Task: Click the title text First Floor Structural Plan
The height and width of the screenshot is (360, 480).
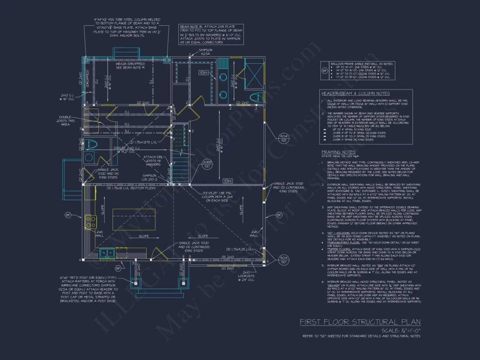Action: pos(360,322)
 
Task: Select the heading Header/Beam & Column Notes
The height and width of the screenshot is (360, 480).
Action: pos(356,93)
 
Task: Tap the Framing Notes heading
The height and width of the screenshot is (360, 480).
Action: pos(338,152)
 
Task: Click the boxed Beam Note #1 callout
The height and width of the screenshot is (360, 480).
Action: pos(212,34)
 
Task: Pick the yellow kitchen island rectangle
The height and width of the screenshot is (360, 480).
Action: pos(131,219)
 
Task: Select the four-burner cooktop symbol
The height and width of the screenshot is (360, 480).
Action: pos(90,222)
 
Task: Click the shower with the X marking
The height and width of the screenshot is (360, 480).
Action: pos(254,74)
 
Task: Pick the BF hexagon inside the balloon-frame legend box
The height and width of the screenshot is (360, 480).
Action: pos(325,70)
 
